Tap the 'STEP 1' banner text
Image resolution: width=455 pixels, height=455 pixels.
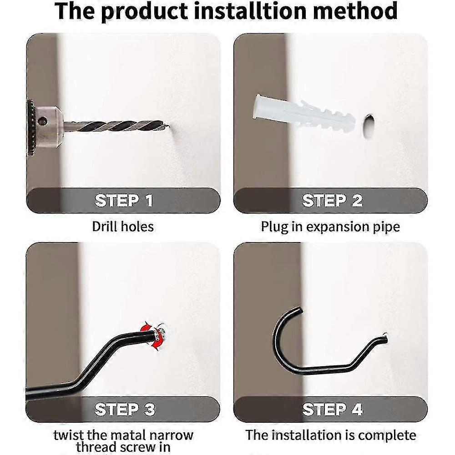click(x=124, y=201)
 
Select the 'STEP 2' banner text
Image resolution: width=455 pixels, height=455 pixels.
click(x=332, y=201)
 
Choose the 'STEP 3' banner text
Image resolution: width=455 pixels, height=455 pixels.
click(x=125, y=409)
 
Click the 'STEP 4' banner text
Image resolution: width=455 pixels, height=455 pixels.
click(x=332, y=409)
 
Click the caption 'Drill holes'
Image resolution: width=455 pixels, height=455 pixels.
click(x=123, y=226)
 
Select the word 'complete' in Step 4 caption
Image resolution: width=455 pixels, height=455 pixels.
click(x=387, y=435)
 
